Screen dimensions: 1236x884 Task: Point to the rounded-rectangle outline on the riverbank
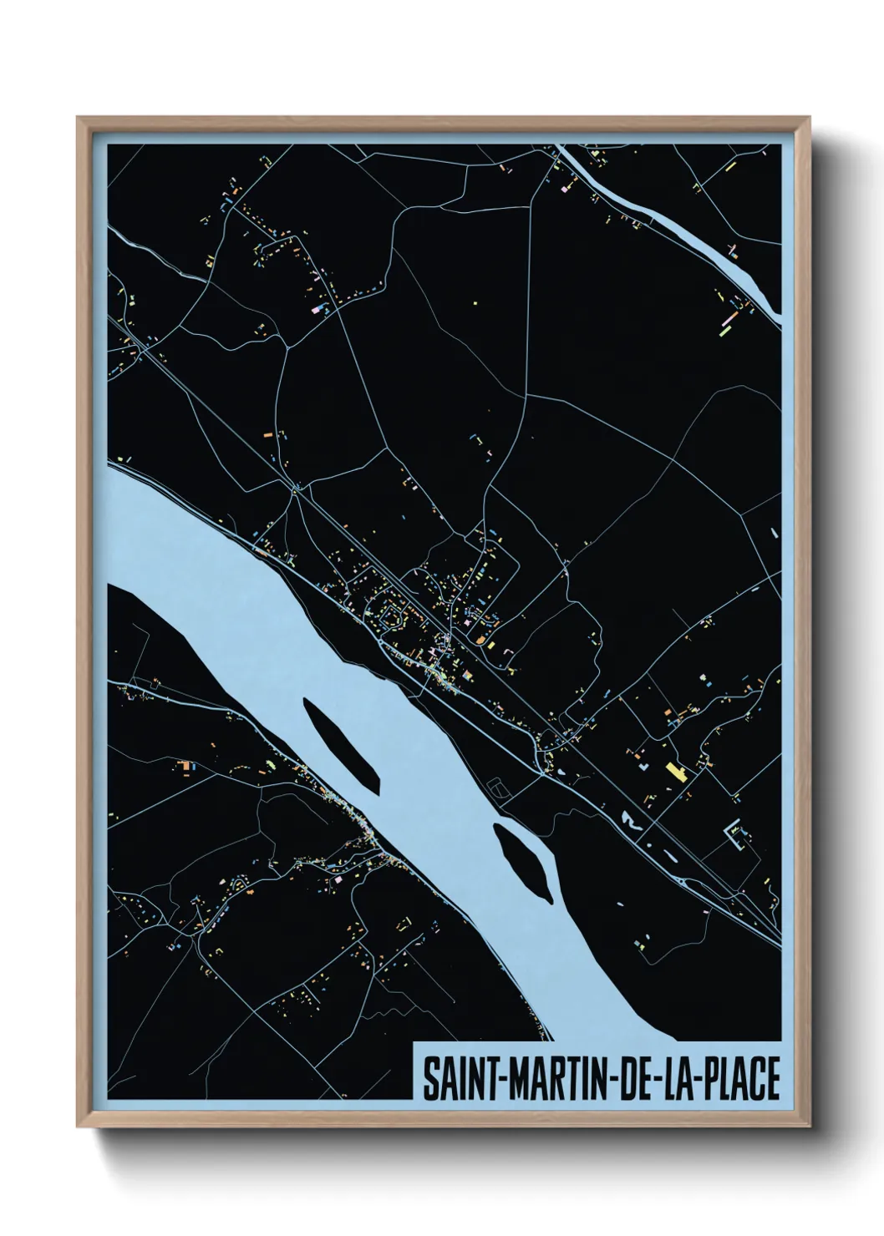point(499,787)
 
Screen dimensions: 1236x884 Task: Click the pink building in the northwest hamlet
point(318,309)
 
